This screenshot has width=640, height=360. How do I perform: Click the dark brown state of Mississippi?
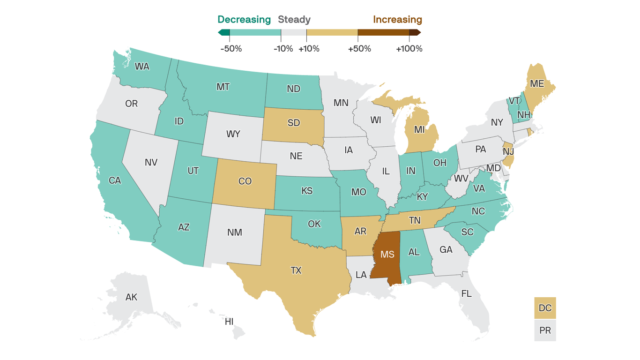[x=387, y=255]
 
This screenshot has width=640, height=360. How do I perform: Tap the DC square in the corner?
[x=545, y=308]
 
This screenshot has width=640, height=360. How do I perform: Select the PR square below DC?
[x=545, y=330]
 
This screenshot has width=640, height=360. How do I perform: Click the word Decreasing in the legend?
[x=244, y=20]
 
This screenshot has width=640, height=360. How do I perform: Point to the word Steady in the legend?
[x=294, y=20]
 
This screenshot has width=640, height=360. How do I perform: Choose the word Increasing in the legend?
[x=397, y=20]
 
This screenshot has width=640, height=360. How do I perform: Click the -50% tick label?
[x=231, y=49]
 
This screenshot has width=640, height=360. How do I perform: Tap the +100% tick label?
[x=409, y=49]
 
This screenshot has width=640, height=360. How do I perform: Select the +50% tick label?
[x=359, y=49]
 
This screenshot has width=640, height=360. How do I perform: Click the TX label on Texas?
[x=296, y=270]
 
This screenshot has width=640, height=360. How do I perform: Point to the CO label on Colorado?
[x=245, y=181]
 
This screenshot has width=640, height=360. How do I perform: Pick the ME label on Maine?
[x=537, y=83]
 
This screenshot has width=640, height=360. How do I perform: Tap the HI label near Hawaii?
[x=229, y=322]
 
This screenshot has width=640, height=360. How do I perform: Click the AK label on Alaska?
[x=131, y=297]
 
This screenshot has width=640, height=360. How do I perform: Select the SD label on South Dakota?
[x=294, y=123]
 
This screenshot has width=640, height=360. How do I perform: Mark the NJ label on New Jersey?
[x=508, y=151]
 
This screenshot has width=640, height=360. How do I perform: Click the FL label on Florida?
[x=466, y=294]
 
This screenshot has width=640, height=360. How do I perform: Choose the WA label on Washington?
[x=142, y=67]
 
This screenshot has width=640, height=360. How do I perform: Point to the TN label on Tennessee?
[x=414, y=220]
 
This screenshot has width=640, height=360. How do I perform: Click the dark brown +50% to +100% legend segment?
[x=383, y=32]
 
